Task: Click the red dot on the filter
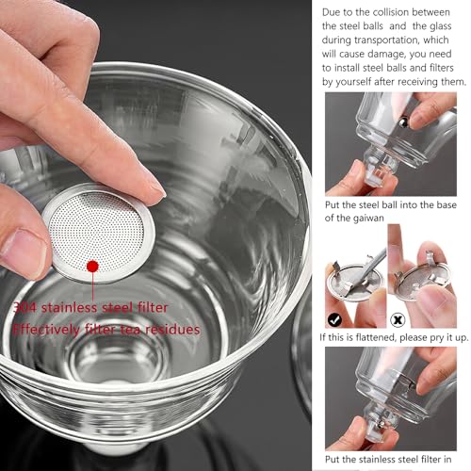(92, 267)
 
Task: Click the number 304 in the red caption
(24, 308)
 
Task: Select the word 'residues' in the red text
(172, 330)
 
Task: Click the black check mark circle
(334, 320)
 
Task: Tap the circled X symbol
(398, 320)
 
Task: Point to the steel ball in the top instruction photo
(403, 122)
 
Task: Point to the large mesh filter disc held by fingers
(98, 233)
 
